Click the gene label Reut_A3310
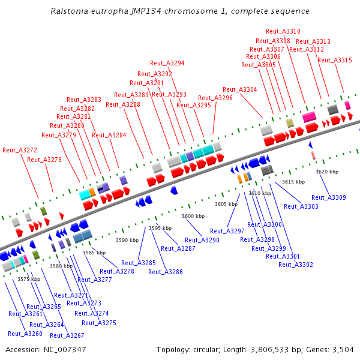tap(283, 31)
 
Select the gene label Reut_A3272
tap(20, 150)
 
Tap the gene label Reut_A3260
tap(25, 334)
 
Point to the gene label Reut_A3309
tap(329, 197)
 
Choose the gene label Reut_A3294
tap(167, 63)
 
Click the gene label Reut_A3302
tap(296, 265)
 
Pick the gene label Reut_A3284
tap(109, 135)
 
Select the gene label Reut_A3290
tap(202, 240)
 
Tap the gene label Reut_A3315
tap(335, 60)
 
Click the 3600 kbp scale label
tap(193, 216)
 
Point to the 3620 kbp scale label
tap(327, 172)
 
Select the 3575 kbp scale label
tap(29, 279)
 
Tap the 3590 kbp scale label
tap(127, 240)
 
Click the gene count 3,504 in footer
tap(343, 349)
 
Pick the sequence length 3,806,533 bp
tap(271, 349)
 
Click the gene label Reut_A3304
tap(239, 89)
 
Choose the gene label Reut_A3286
tap(165, 272)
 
